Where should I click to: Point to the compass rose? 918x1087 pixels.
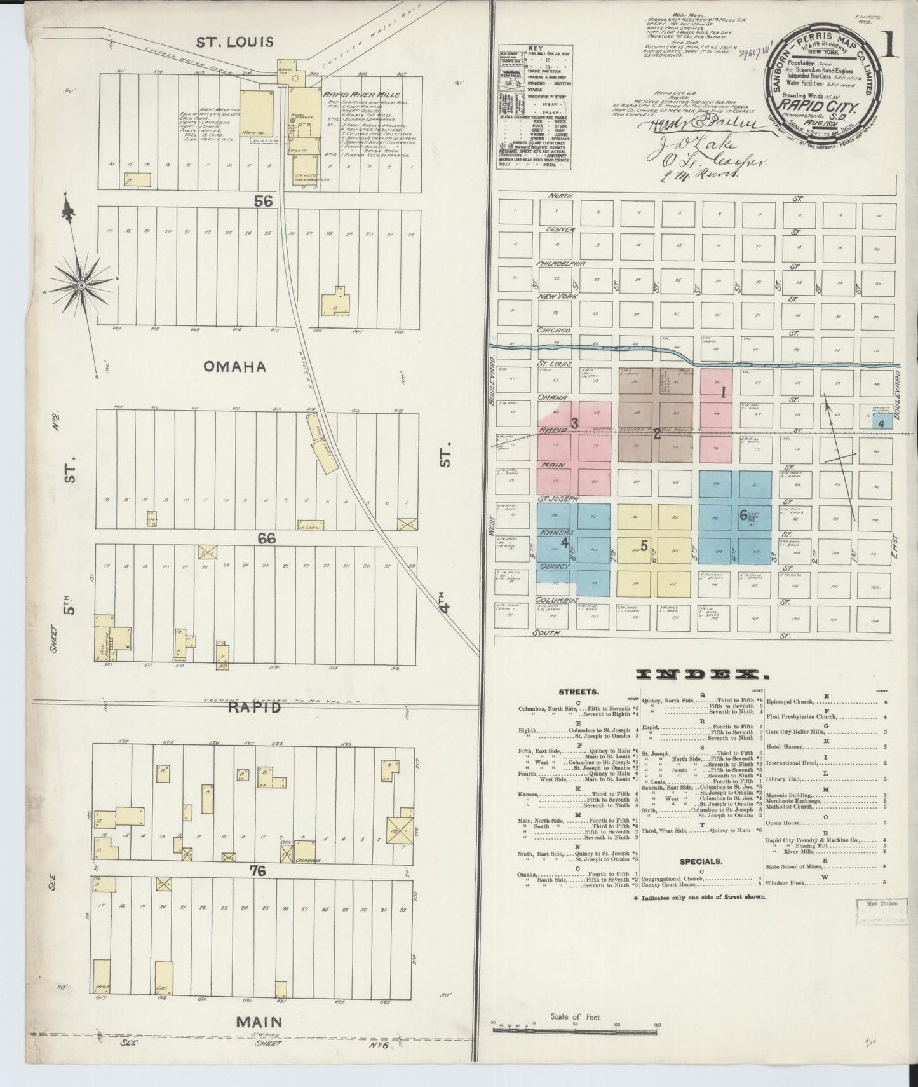pos(81,287)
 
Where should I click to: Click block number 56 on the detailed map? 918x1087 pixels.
pos(263,201)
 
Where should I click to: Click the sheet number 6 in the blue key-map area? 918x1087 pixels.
pos(743,516)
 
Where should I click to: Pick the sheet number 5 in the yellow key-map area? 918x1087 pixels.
pos(644,545)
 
